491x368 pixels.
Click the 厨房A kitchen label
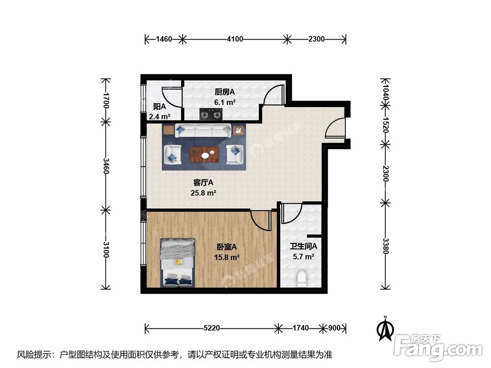click(224, 92)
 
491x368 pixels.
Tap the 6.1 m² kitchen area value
click(224, 103)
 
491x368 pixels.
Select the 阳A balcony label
click(159, 106)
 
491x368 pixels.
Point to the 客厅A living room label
click(203, 183)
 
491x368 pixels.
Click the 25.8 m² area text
click(203, 193)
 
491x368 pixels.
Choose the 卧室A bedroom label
click(227, 247)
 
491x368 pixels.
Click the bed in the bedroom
click(178, 263)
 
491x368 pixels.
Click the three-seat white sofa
click(203, 131)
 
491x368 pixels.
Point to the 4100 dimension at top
click(235, 39)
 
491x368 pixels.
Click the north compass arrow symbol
click(386, 328)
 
